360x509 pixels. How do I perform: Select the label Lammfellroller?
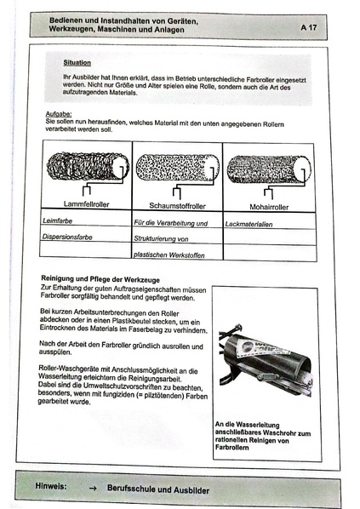(85, 205)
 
